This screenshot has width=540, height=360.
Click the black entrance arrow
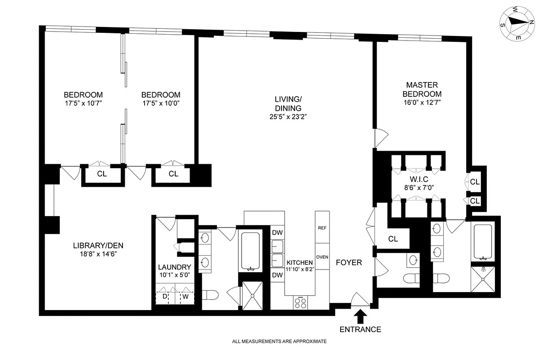tap(360, 317)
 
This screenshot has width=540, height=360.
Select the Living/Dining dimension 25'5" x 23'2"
tap(288, 117)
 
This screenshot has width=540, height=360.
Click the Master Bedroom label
tap(422, 89)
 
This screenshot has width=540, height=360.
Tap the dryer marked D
tap(165, 297)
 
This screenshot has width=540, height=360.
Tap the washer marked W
tap(185, 297)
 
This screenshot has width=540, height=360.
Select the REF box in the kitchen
tap(322, 228)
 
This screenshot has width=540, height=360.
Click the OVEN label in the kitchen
tap(322, 257)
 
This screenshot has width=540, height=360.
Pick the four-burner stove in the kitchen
tap(300, 302)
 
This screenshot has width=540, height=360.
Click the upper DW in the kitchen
tap(277, 233)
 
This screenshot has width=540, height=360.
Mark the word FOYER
tap(349, 262)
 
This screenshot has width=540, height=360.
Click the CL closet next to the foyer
tap(393, 239)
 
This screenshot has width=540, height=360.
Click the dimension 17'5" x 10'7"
tap(83, 103)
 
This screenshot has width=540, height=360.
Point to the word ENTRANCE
tap(360, 329)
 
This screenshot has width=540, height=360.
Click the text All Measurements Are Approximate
tap(279, 342)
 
